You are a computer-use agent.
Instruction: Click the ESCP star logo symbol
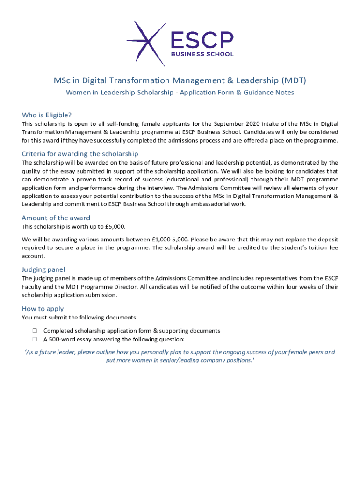147,44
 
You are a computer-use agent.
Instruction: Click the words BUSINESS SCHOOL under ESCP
202,54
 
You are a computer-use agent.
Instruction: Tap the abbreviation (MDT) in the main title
293,80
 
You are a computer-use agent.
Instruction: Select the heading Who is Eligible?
47,115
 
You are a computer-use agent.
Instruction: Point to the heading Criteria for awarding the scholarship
80,154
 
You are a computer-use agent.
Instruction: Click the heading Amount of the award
56,218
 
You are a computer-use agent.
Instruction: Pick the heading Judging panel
43,269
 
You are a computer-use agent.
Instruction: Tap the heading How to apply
43,309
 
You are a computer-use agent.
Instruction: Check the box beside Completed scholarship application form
35,331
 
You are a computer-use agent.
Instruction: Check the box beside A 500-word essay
35,339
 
